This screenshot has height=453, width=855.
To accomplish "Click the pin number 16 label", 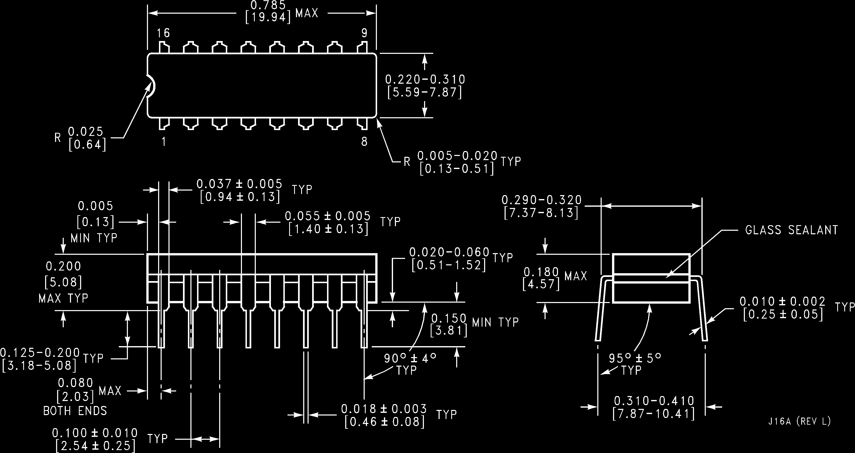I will point(163,33).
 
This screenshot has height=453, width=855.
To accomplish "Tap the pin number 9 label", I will point(364,33).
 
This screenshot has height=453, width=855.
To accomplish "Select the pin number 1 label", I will point(164,142).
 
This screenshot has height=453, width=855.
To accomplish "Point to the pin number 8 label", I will point(364,142).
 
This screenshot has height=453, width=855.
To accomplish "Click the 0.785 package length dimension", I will point(268,5).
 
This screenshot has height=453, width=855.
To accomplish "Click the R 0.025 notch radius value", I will point(86,132).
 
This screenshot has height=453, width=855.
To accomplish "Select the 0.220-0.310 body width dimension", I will point(425,80).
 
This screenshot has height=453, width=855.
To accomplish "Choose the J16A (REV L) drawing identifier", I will point(799,422).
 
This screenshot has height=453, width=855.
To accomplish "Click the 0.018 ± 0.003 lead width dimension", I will point(384,409).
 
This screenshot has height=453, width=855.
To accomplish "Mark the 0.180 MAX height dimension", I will point(541,272).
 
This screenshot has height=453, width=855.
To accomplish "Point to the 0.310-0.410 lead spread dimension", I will point(654,401).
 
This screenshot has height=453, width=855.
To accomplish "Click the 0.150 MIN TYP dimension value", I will point(449,319).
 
